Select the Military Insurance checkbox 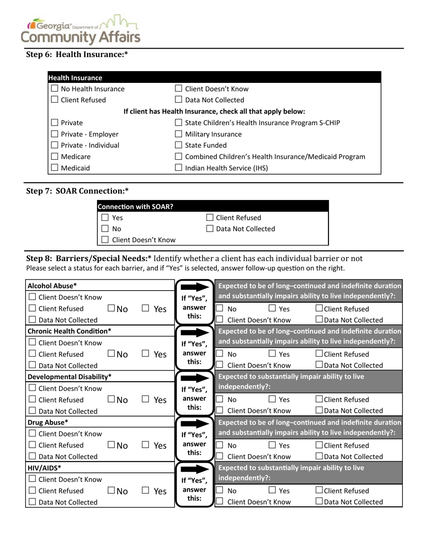[178, 134]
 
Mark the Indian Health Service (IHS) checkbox [178, 168]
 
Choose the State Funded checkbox [178, 145]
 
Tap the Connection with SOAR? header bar [213, 207]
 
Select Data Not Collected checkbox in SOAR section [210, 229]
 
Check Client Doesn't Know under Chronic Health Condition [32, 343]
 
